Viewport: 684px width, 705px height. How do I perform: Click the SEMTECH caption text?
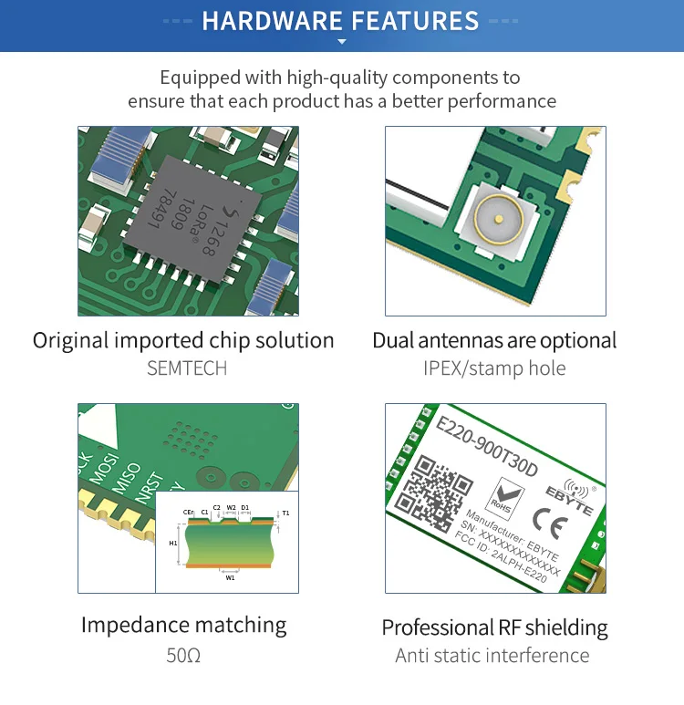(187, 368)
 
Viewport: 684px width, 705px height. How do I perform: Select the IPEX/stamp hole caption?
(494, 368)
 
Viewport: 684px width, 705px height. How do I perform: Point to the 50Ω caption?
(183, 655)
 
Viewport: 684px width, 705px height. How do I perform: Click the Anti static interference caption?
(492, 655)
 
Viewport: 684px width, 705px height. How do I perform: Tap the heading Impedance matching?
(183, 625)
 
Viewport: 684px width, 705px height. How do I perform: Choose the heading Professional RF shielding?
(494, 627)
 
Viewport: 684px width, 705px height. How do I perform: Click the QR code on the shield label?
(440, 492)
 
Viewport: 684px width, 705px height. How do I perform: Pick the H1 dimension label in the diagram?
(173, 543)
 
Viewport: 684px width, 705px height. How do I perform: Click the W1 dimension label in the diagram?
(230, 577)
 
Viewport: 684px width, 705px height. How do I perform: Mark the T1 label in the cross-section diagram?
(285, 513)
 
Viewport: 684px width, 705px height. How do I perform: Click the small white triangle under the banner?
(342, 42)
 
